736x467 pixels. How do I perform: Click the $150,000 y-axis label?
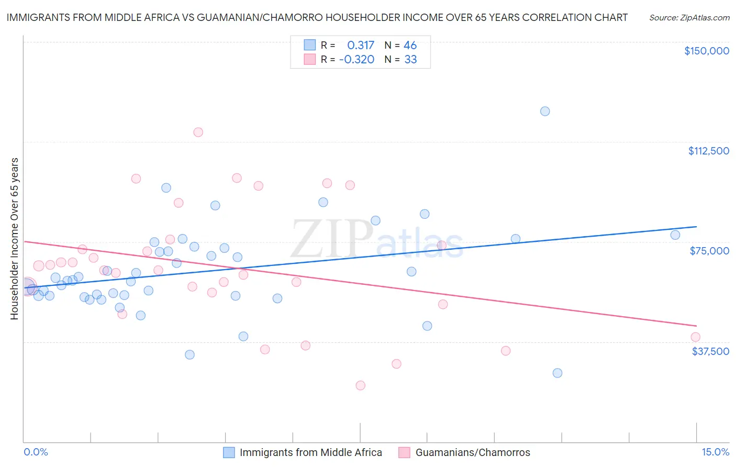click(706, 51)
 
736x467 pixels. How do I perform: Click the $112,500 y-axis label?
click(708, 151)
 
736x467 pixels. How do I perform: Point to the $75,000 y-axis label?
click(709, 251)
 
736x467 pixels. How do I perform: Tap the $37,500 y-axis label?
click(710, 351)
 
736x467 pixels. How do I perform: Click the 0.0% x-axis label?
click(36, 452)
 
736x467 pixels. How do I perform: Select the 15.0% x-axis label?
click(715, 452)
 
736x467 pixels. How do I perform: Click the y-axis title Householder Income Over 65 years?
click(15, 238)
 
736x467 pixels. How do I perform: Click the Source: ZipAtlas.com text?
click(689, 18)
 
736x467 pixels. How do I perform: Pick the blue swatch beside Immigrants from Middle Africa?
click(229, 452)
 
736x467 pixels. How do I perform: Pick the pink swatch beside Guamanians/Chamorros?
click(404, 452)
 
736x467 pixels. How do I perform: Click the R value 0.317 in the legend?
click(361, 46)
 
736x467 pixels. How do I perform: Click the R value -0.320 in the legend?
click(356, 60)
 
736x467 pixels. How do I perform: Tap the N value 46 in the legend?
click(410, 46)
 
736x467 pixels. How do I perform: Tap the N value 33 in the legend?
click(410, 60)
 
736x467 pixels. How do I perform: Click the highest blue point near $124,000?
click(545, 111)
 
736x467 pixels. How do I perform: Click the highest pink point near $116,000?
click(198, 132)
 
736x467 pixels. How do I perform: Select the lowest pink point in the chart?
click(360, 385)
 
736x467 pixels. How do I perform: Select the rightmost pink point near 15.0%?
click(695, 337)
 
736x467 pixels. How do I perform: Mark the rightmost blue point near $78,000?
click(675, 235)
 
